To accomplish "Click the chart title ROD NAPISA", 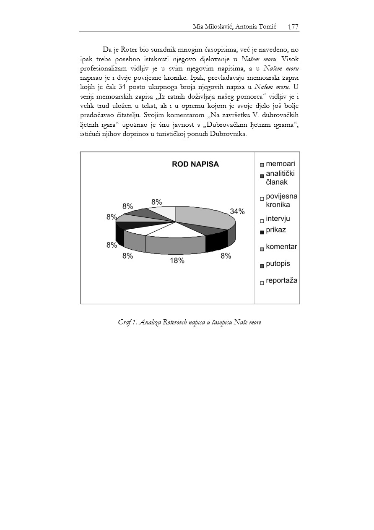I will click(x=195, y=164).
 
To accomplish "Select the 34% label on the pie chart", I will click(x=237, y=211).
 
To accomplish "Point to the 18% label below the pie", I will click(x=177, y=261).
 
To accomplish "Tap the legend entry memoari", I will click(x=280, y=164).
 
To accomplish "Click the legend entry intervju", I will click(x=278, y=219).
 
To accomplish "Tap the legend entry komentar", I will click(x=281, y=247).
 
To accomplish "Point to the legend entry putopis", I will click(x=278, y=264).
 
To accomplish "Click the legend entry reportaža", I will click(x=281, y=280).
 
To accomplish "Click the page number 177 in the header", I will click(x=293, y=27).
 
